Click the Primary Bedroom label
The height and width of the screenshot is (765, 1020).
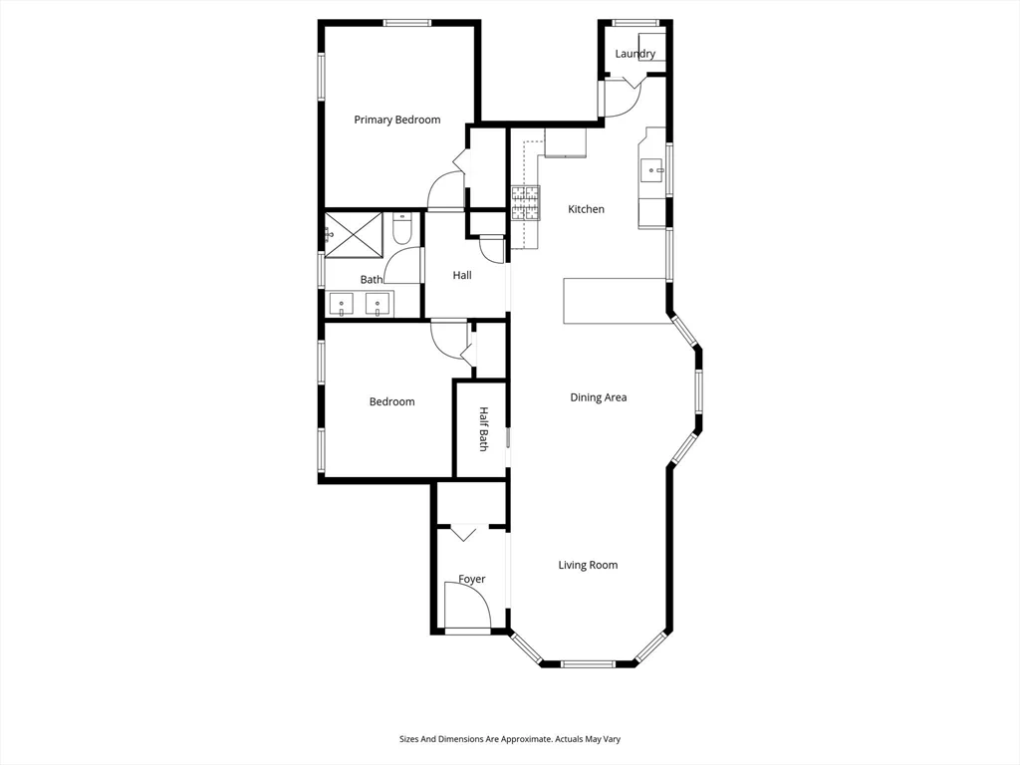coord(396,120)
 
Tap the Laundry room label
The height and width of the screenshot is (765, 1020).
coord(635,54)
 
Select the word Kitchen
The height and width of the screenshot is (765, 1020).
coord(586,209)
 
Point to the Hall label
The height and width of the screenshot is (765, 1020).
coord(462,275)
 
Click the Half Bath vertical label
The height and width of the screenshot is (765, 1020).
coord(483,429)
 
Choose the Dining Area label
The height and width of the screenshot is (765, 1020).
coord(598,397)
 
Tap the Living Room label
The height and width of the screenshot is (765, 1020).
coord(587,565)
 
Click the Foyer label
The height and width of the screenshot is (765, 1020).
coord(471,579)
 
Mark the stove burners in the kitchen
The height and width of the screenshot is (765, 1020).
coord(526,203)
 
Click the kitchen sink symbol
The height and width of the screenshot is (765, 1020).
coord(653,170)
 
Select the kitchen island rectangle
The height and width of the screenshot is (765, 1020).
coord(615,301)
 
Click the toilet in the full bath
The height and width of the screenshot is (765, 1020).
coord(401,232)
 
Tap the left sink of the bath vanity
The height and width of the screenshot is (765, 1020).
coord(343,304)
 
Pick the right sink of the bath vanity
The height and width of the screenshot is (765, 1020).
coord(378,304)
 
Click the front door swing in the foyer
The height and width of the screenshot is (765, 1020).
coord(465,606)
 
